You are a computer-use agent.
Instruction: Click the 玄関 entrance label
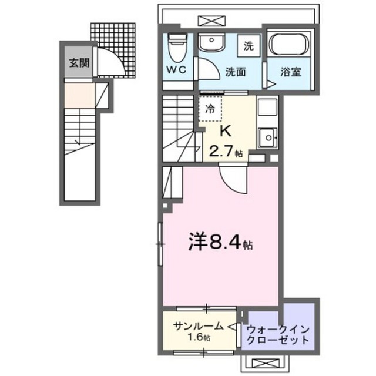coord(74,63)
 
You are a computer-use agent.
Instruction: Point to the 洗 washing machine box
coord(249,46)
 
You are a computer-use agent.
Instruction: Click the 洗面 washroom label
coord(235,72)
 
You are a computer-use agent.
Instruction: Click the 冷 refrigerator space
coord(209,109)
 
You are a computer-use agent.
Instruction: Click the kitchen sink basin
coord(268,139)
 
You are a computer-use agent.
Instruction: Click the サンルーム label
coord(197,327)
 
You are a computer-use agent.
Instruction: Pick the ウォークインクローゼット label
coord(278,335)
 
